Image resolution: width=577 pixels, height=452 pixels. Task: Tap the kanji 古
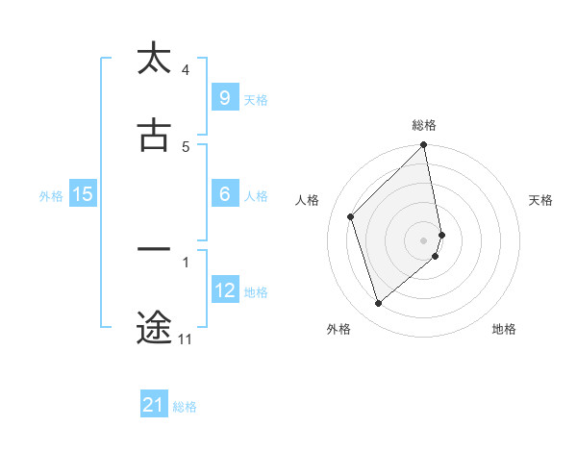tap(154, 136)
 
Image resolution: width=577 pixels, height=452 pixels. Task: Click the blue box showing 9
tap(224, 97)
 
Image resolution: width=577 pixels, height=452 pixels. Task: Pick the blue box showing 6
tap(224, 194)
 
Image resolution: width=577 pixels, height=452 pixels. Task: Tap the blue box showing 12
tap(224, 290)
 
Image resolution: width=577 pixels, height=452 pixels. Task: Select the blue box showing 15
tap(82, 194)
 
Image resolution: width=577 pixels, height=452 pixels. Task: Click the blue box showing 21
tap(154, 405)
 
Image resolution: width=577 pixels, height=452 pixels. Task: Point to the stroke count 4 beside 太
tap(185, 70)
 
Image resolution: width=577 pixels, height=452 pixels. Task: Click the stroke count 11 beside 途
tap(185, 339)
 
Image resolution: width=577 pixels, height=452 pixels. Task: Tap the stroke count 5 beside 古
tap(185, 147)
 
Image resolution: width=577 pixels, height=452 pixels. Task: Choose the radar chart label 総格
tap(424, 125)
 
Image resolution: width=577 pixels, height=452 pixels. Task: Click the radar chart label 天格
tap(540, 200)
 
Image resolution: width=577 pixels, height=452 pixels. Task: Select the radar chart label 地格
tap(504, 329)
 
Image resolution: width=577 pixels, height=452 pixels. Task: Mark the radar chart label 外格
tap(339, 329)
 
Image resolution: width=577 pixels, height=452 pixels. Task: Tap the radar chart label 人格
tap(308, 200)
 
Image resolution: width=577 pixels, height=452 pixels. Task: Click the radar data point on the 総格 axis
tap(424, 146)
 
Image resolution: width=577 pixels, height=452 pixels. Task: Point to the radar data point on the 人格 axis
tap(351, 216)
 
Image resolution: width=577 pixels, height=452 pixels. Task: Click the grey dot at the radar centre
tap(424, 239)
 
